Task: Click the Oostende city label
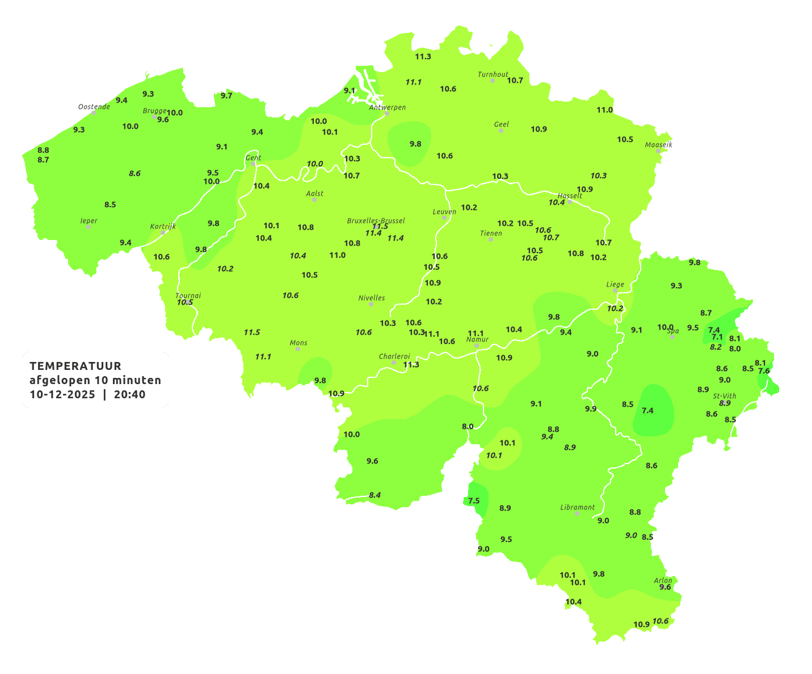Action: point(94,107)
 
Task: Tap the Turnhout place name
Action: point(493,74)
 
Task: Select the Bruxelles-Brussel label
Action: point(376,221)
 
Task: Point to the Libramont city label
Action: point(577,507)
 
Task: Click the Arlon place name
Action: point(663,580)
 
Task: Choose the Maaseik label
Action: point(658,145)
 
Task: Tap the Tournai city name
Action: point(188,296)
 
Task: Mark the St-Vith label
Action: point(724,396)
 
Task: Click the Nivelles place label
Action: point(371,298)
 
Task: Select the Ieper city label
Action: point(89,221)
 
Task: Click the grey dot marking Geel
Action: point(501,130)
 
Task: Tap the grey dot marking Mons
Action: point(298,349)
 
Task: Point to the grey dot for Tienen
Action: point(491,239)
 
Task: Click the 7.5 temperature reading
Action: point(474,500)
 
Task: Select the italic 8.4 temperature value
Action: point(375,495)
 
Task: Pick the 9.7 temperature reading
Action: point(226,95)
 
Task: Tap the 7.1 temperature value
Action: point(717,337)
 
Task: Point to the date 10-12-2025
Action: point(62,394)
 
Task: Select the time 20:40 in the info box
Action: point(129,394)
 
